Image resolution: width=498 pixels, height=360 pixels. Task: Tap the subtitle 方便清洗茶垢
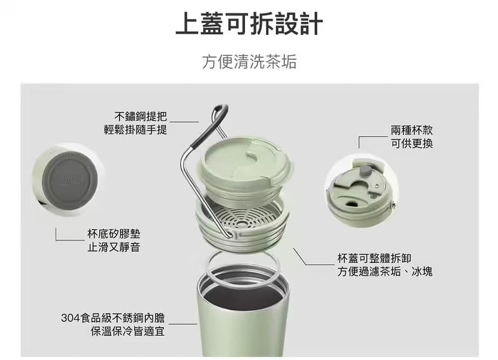pyautogui.click(x=249, y=62)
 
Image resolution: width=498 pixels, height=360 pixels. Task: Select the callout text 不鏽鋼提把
pyautogui.click(x=141, y=116)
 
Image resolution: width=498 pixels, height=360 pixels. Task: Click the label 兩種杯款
pyautogui.click(x=412, y=130)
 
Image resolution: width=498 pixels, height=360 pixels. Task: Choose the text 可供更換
pyautogui.click(x=412, y=144)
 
